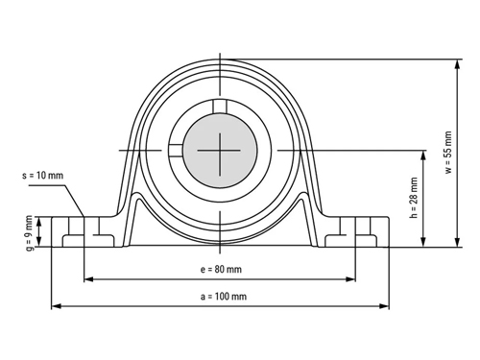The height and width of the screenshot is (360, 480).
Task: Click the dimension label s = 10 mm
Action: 43,176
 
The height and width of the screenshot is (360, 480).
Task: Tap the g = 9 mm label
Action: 29,233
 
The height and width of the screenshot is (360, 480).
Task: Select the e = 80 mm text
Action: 221,270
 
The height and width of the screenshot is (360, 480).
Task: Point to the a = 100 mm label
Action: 224,297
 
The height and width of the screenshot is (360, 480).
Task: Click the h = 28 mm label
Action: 414,198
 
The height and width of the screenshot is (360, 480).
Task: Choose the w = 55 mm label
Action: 448,153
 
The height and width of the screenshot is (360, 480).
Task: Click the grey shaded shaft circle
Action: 220,150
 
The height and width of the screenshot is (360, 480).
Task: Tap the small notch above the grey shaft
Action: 220,107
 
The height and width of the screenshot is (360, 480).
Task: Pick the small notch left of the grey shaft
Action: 176,151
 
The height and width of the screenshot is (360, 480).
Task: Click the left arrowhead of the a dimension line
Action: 57,306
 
